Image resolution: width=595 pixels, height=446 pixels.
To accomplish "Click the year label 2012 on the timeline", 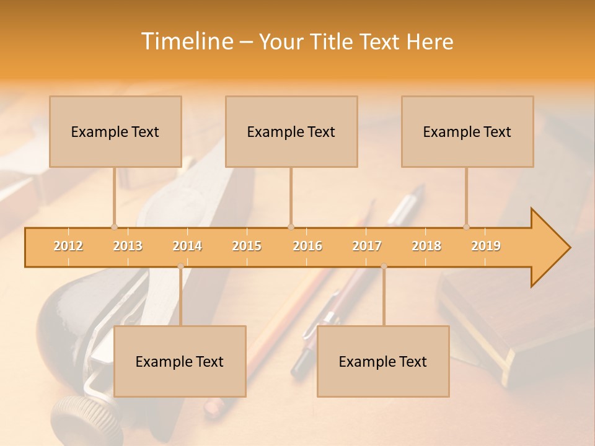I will click(68, 246).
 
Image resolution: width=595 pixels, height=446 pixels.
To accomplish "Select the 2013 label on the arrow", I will click(128, 246).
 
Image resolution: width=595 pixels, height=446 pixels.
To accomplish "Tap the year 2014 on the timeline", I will click(187, 246).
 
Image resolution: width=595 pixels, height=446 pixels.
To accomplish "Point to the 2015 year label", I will click(247, 246).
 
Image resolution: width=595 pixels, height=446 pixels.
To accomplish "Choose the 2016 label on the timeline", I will click(307, 246).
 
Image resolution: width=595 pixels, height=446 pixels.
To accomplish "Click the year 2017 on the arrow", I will click(367, 246).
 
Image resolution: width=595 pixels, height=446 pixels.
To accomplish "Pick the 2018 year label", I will click(426, 246).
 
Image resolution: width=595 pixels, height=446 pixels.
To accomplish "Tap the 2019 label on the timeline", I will click(486, 246).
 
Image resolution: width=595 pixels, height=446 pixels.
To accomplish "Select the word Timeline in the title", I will click(185, 42).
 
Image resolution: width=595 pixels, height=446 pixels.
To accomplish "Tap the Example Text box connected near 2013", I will click(115, 131).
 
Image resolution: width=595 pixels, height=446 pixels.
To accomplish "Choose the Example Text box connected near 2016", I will click(291, 131).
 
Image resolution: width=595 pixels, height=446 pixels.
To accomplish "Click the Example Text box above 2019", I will click(467, 131).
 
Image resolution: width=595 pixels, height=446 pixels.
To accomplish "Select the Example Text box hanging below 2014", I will click(180, 361).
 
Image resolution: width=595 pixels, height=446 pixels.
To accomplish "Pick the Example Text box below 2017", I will click(383, 361).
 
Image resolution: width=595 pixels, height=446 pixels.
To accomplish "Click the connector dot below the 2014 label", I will click(180, 266).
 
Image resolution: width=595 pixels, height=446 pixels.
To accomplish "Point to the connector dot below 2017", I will click(384, 266).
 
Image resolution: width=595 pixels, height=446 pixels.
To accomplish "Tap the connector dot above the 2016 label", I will click(291, 227).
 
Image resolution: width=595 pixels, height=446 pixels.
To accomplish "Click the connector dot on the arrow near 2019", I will click(467, 227).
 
